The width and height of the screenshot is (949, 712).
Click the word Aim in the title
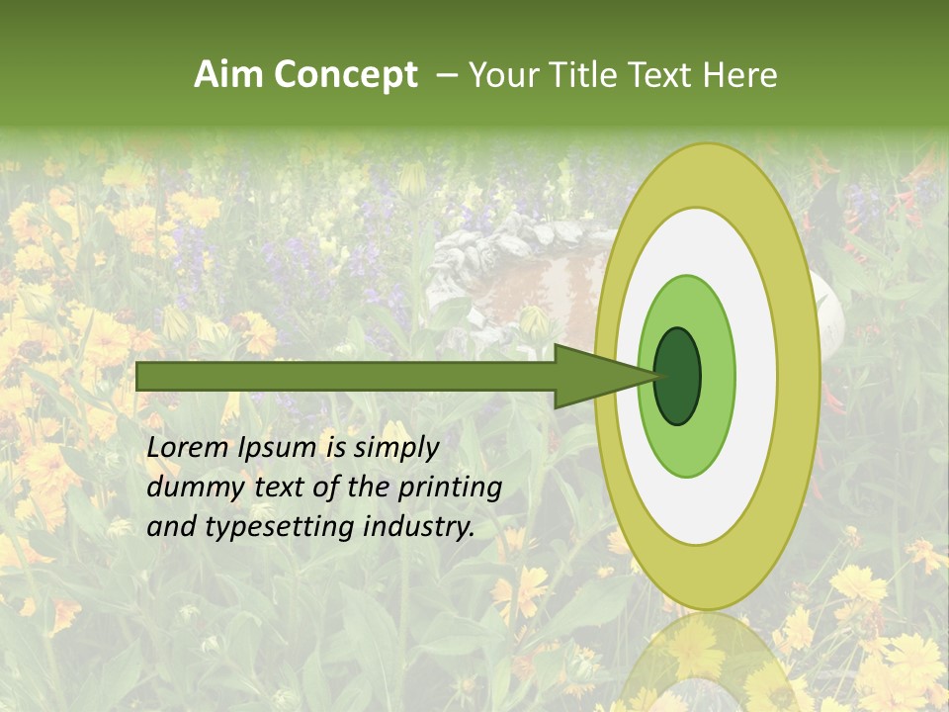click(x=229, y=75)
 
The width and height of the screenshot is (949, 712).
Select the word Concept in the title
click(x=345, y=75)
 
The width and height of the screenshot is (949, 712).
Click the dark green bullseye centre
click(x=677, y=376)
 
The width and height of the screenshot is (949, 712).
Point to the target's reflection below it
click(x=707, y=663)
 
